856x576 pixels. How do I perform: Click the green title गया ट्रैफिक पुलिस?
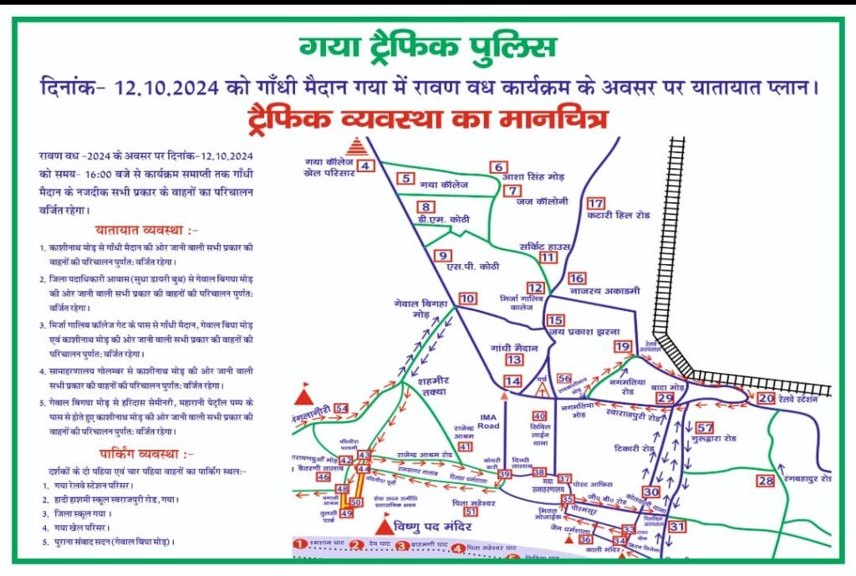pos(427,48)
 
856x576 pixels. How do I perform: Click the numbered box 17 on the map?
pos(595,203)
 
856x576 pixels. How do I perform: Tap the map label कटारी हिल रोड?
pos(618,215)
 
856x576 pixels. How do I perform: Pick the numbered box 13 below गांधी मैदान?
pos(514,359)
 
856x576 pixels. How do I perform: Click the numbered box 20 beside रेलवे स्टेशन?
pos(766,399)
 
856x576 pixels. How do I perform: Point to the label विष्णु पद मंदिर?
pos(436,528)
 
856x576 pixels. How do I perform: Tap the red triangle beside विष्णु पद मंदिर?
pos(385,527)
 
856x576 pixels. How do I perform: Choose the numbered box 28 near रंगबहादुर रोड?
pos(766,481)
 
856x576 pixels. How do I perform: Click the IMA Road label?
pos(489,420)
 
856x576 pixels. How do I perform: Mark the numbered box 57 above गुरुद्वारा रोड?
pos(705,427)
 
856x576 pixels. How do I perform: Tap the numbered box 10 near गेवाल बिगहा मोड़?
pos(467,298)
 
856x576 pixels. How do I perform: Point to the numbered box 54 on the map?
pos(340,408)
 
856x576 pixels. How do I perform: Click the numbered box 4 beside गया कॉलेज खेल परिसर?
pos(365,166)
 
